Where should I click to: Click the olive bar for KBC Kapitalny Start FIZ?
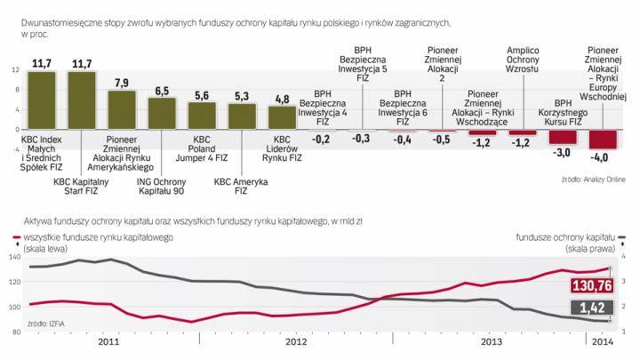pyautogui.click(x=82, y=100)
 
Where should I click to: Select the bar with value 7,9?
pyautogui.click(x=122, y=110)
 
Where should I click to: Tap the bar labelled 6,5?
pyautogui.click(x=162, y=114)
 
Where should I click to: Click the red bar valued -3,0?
pyautogui.click(x=562, y=138)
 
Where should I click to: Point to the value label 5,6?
pyautogui.click(x=203, y=94)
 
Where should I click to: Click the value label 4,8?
pyautogui.click(x=282, y=99)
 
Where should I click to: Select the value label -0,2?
pyautogui.click(x=321, y=140)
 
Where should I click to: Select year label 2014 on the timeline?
pyautogui.click(x=602, y=340)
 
